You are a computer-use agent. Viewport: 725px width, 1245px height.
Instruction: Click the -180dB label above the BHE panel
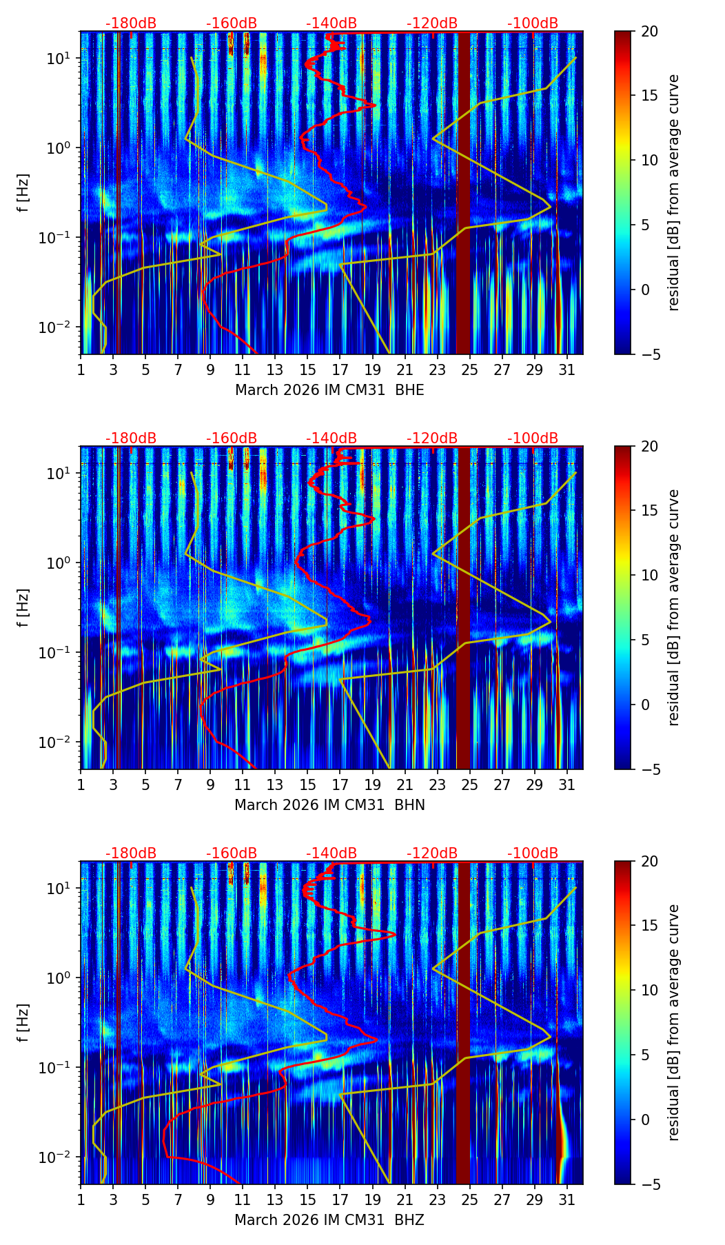click(131, 23)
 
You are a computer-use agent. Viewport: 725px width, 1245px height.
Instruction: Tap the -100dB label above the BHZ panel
click(533, 853)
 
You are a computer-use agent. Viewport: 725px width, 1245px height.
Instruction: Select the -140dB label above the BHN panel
click(331, 438)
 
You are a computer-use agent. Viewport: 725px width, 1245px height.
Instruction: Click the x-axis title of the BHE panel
click(329, 390)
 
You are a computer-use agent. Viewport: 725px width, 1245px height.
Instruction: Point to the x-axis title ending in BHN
click(329, 805)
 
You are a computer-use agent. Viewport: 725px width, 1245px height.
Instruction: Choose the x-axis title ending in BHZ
click(329, 1220)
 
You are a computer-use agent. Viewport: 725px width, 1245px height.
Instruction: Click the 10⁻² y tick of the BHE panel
click(56, 326)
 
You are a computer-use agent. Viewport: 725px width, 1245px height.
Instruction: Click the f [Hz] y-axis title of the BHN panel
click(25, 607)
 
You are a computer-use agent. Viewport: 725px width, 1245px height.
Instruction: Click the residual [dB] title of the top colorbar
click(673, 192)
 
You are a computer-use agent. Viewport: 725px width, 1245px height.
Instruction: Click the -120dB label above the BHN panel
click(432, 438)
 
